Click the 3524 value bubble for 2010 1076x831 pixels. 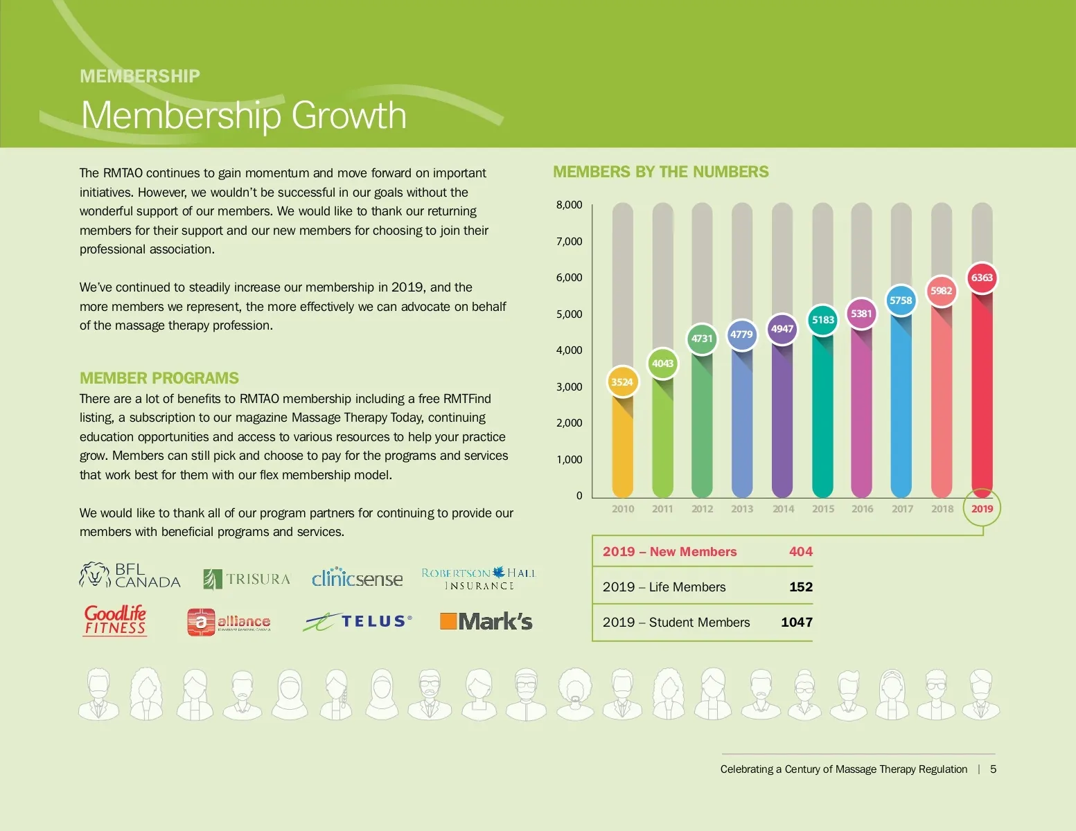pos(622,382)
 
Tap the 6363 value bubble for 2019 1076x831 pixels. pos(982,278)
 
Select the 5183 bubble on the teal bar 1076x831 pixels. pos(823,320)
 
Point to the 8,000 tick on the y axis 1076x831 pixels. pos(569,205)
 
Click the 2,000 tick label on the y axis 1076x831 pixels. pos(569,423)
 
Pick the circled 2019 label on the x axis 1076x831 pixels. pos(982,508)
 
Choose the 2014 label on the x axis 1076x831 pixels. pos(783,509)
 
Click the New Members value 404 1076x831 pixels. pos(800,552)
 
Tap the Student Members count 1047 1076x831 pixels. pos(796,622)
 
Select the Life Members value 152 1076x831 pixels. pos(800,587)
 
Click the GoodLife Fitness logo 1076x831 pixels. pos(116,620)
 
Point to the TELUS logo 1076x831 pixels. pos(358,622)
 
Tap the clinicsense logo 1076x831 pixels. pos(357,578)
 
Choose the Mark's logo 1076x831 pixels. pos(486,621)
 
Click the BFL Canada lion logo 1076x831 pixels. pos(130,575)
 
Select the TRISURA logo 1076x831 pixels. pos(247,579)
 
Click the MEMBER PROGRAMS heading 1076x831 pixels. pos(159,378)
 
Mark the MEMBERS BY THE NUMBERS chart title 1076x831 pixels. pos(660,172)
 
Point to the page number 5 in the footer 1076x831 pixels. pos(993,769)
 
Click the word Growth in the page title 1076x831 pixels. pos(349,115)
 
